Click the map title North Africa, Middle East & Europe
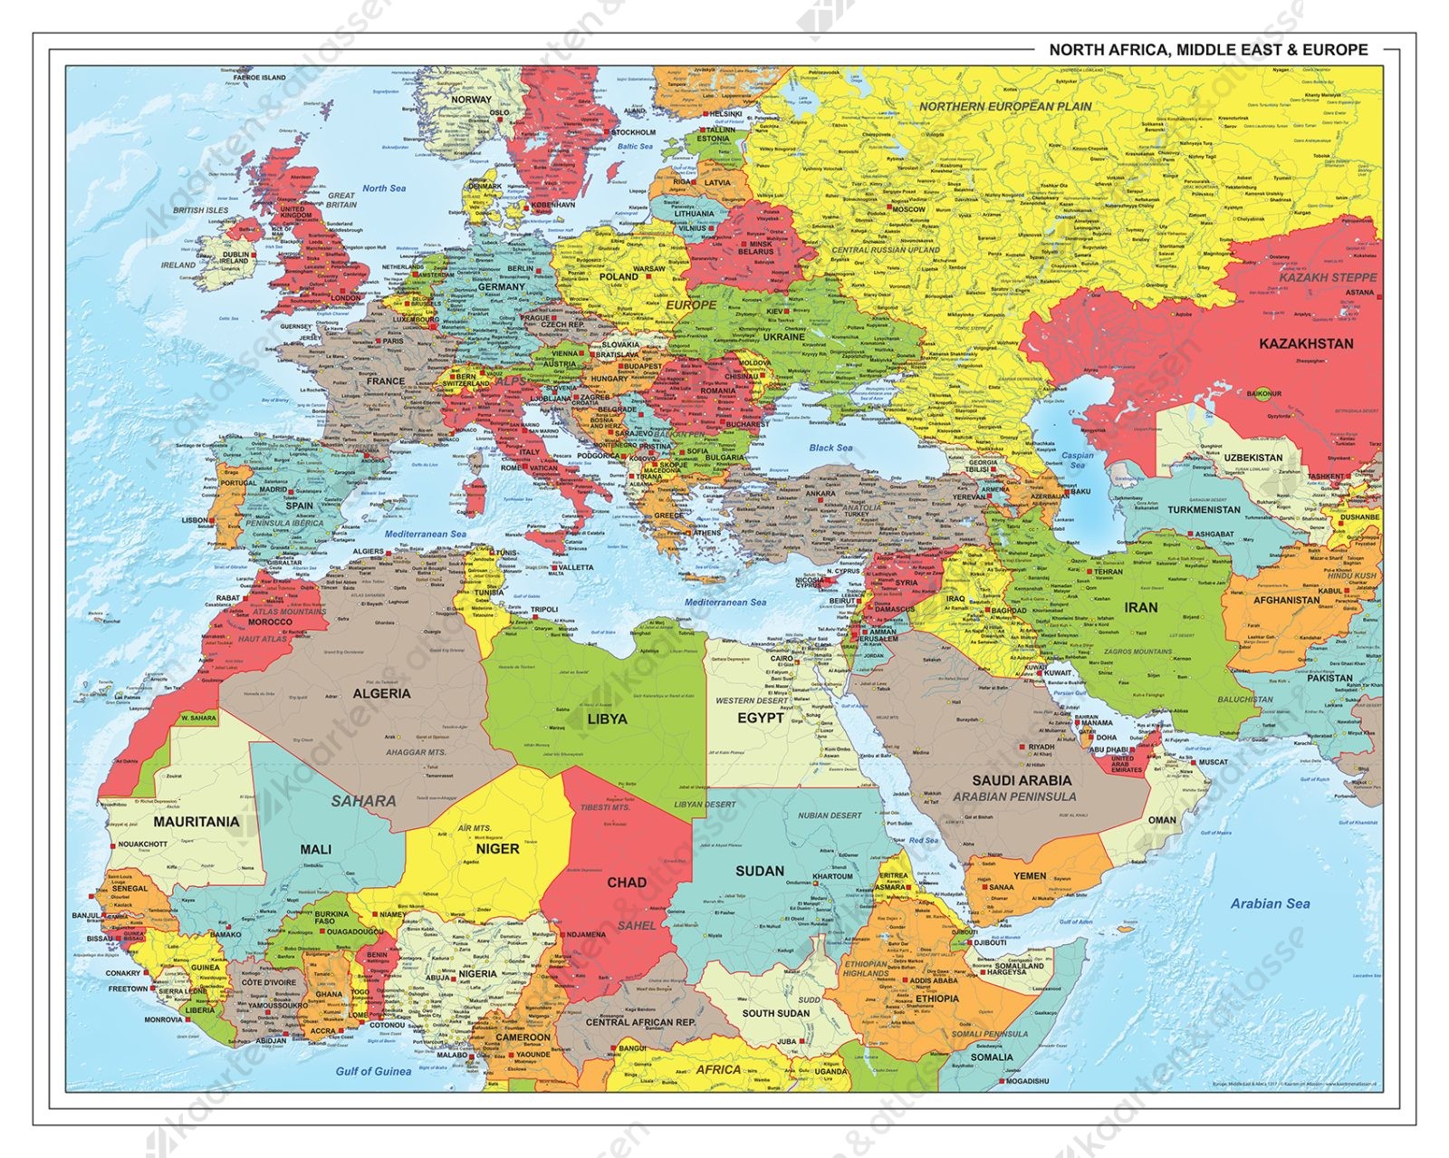[x=1208, y=50]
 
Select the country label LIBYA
[x=607, y=719]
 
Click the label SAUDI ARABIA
[x=1022, y=780]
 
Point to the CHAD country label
[x=627, y=883]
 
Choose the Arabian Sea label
[x=1270, y=903]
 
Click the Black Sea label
[x=830, y=448]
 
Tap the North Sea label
[x=384, y=188]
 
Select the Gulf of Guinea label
[x=373, y=1071]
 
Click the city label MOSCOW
[x=908, y=209]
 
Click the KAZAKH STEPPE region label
[x=1328, y=277]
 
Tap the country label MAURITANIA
[x=197, y=823]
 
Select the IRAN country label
[x=1140, y=607]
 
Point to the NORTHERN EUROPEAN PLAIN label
[x=1005, y=107]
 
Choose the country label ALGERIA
[x=381, y=693]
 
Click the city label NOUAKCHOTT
[x=143, y=844]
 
